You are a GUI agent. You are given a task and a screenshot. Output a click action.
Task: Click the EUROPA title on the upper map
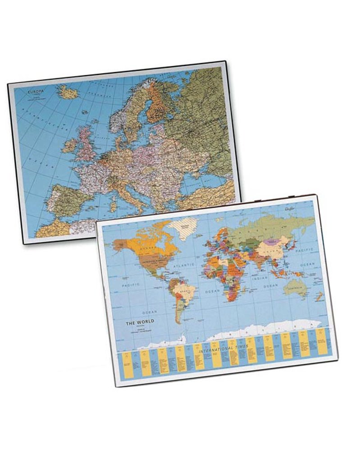36,92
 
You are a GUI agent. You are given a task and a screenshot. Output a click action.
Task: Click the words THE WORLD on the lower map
140,321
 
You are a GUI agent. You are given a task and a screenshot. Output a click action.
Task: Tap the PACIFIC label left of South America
131,285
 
